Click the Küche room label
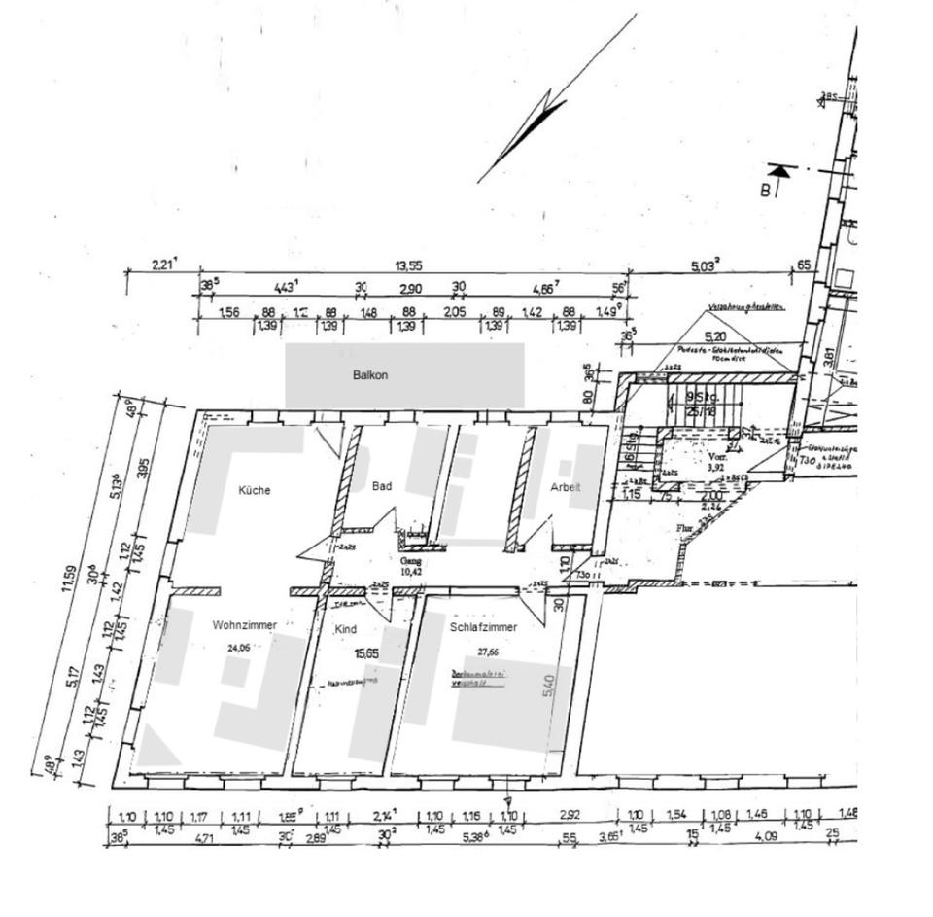tap(255, 491)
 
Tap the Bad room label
tap(382, 486)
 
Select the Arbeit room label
tap(566, 488)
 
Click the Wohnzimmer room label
tap(245, 625)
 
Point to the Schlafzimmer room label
tap(483, 628)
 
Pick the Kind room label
tap(345, 630)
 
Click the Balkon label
tap(370, 375)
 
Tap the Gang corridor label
tap(409, 561)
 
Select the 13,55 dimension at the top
tap(407, 265)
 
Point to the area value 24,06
tap(238, 647)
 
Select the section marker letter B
tap(765, 190)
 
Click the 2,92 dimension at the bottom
tap(570, 815)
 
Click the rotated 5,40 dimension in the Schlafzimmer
tap(549, 687)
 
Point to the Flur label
tap(684, 529)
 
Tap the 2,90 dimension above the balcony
tap(409, 289)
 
